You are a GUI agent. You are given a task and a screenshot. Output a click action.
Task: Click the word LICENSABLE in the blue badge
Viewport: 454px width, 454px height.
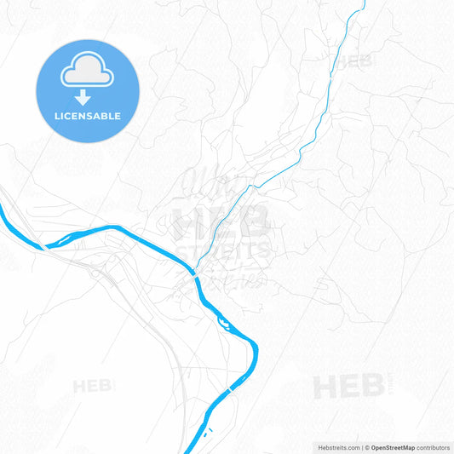pos(87,116)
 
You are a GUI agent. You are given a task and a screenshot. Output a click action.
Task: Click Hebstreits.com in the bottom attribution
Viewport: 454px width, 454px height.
pos(337,447)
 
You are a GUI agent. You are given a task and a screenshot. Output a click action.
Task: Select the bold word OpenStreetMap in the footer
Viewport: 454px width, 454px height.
pos(392,447)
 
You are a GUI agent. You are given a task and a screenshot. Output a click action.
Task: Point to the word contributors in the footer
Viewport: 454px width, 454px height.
pos(433,447)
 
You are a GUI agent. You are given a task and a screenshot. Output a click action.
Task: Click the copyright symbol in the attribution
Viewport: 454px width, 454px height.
pos(367,447)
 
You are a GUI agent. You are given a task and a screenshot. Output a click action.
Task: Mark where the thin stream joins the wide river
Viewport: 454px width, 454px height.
pos(197,271)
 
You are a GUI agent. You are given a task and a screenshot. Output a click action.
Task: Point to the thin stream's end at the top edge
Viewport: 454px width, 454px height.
pos(364,2)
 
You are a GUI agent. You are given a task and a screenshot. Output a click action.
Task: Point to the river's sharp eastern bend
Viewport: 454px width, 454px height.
pos(255,345)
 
